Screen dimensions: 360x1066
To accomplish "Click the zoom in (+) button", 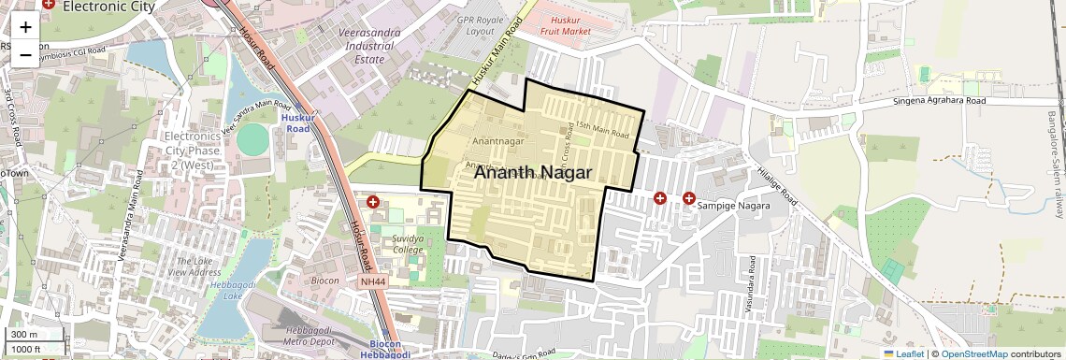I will [25, 27].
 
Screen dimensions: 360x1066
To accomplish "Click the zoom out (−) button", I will [25, 54].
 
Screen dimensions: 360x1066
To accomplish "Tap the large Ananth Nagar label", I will [533, 173].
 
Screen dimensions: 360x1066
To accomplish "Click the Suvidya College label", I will [408, 245].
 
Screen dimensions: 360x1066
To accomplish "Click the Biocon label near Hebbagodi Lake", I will [324, 280].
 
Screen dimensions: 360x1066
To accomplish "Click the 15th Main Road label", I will [602, 128].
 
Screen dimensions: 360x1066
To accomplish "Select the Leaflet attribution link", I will [903, 353].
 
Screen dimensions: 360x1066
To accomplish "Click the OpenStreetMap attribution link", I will [973, 353].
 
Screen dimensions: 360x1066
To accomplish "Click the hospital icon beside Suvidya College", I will [373, 202].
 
